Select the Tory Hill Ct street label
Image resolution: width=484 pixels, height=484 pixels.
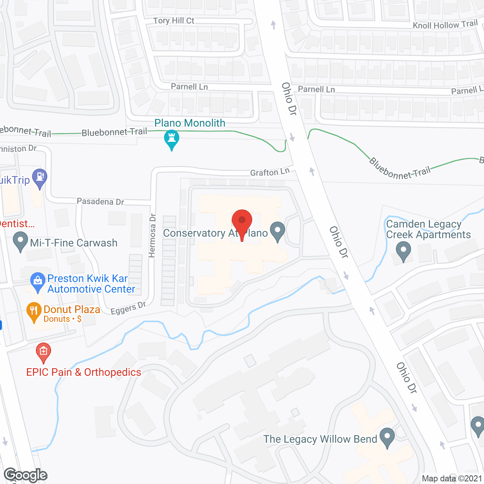pos(174,21)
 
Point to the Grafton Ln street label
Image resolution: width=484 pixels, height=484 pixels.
pos(270,172)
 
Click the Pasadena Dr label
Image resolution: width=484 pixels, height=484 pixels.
pos(100,201)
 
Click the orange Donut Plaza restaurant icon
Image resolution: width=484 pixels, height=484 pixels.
pos(34,311)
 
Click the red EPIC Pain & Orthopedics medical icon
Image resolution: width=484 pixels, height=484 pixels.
pos(43,352)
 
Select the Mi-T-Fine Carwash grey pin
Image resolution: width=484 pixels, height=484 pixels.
pos(20,241)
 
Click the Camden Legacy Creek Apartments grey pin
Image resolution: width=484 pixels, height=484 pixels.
pos(403,251)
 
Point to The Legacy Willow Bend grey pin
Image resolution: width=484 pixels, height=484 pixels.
pos(387,437)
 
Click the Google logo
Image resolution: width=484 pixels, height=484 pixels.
pos(26,475)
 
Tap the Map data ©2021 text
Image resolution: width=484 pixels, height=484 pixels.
pos(452,478)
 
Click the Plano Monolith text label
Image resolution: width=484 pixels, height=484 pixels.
pos(190,123)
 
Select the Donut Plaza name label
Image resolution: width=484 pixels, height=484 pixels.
pos(72,309)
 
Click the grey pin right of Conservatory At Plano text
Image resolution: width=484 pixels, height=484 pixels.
pos(278,231)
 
